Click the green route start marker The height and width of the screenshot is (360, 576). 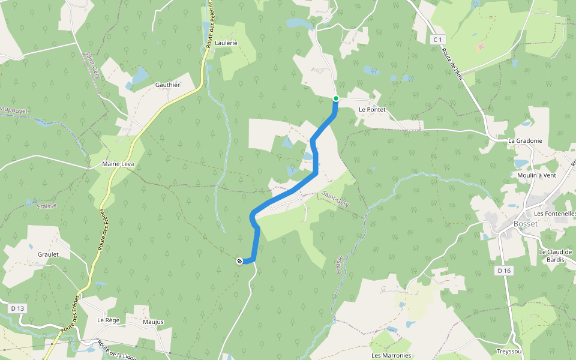(x=336, y=98)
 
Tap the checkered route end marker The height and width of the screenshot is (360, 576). (x=239, y=260)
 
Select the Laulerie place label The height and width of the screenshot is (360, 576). (x=226, y=43)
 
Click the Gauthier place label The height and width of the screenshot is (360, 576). (x=167, y=85)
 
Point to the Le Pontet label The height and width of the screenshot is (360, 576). (x=371, y=110)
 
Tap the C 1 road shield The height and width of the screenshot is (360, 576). (x=439, y=40)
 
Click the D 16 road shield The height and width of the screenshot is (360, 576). (x=503, y=271)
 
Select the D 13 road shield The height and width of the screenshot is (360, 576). (x=18, y=308)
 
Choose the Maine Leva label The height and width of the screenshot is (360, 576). (x=118, y=164)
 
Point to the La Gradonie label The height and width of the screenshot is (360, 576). (x=525, y=141)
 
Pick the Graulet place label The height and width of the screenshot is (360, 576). (x=48, y=254)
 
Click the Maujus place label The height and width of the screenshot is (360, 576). (x=153, y=322)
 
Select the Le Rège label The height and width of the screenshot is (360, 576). (x=109, y=320)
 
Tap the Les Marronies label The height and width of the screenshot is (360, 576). (x=391, y=355)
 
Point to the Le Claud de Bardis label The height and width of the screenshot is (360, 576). (x=556, y=256)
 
